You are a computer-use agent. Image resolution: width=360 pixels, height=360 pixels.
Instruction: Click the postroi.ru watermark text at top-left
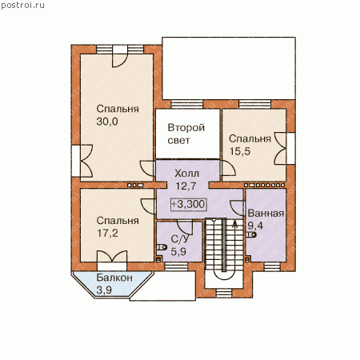(22, 6)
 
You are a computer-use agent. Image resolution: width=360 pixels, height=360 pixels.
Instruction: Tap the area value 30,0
(107, 122)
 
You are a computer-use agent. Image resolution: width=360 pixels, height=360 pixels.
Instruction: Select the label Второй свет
(186, 134)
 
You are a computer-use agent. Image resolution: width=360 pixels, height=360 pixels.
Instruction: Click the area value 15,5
(240, 151)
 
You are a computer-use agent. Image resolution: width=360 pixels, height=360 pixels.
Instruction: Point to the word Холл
(186, 174)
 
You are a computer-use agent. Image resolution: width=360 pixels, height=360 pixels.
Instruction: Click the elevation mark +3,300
(188, 204)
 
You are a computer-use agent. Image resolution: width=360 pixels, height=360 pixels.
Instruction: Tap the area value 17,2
(107, 233)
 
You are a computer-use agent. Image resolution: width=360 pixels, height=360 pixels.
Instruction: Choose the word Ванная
(266, 214)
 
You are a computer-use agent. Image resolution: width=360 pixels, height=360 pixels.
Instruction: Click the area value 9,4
(255, 226)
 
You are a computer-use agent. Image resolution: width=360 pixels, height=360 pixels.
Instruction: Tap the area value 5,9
(178, 251)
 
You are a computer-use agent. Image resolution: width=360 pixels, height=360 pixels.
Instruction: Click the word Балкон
(114, 278)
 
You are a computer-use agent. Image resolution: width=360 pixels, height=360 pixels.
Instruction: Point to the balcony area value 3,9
(104, 290)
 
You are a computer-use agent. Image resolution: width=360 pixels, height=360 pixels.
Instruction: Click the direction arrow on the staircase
(235, 225)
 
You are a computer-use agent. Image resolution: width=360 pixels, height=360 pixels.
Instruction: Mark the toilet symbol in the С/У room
(162, 247)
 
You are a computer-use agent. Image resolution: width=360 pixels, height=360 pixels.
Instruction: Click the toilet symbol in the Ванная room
(251, 235)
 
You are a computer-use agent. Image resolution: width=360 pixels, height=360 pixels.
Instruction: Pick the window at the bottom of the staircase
(224, 294)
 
